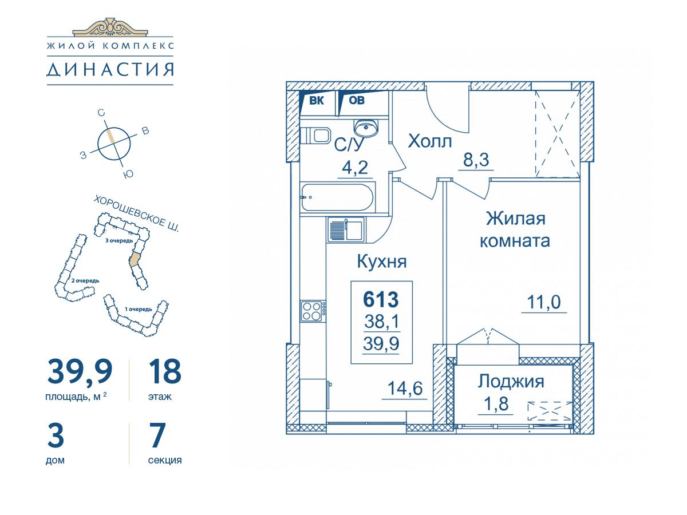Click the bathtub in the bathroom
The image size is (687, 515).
point(337,197)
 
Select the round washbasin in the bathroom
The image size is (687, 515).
point(366,128)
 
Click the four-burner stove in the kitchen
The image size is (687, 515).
point(313,311)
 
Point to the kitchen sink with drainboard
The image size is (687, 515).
point(346,230)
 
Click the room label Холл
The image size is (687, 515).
point(430,141)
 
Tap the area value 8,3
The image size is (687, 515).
point(476,160)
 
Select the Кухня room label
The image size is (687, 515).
point(382,262)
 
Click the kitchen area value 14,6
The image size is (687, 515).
point(405,389)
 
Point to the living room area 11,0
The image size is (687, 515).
point(544,302)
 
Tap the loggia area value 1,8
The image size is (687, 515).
point(496,403)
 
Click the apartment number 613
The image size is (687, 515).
point(381,299)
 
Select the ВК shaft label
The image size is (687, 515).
point(317,101)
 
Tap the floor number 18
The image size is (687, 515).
point(165,371)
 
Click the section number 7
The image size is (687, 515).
point(157,435)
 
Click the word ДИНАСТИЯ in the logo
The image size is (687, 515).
point(110,69)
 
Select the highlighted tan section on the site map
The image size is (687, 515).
point(135,259)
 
